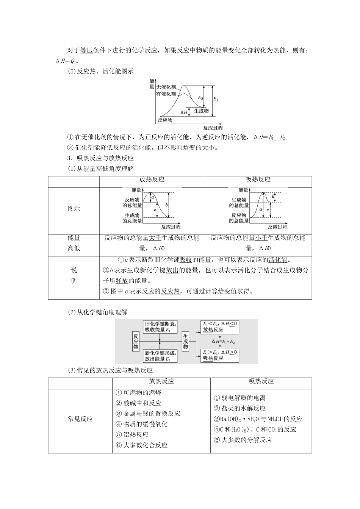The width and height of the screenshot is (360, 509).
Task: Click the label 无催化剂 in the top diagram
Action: click(166, 87)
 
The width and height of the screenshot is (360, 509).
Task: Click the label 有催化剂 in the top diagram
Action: click(166, 94)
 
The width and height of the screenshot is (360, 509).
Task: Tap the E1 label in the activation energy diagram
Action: click(216, 99)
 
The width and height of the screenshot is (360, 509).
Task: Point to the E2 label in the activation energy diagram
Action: click(201, 98)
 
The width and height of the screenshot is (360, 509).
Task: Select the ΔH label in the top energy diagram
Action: click(184, 112)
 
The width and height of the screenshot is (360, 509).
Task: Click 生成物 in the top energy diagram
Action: click(201, 111)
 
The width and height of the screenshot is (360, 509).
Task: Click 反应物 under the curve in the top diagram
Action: click(165, 120)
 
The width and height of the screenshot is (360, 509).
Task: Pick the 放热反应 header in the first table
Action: click(152, 180)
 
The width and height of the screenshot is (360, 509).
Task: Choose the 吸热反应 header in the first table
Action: click(258, 180)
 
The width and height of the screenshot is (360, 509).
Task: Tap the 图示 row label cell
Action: click(74, 209)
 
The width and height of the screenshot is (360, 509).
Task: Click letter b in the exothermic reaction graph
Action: click(167, 205)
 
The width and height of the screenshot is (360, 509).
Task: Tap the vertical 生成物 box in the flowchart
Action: click(186, 341)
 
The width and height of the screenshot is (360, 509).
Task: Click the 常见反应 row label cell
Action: click(80, 419)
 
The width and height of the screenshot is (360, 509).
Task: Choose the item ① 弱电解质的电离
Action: click(240, 398)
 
